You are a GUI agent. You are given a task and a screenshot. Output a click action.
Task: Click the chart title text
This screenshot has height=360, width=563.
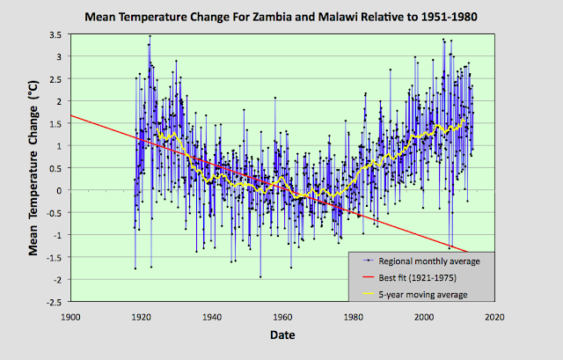coord(281,16)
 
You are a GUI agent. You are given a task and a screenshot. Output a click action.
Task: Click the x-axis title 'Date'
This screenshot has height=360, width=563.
coord(282,335)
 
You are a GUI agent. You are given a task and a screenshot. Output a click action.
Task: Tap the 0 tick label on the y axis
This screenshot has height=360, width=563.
coord(58,190)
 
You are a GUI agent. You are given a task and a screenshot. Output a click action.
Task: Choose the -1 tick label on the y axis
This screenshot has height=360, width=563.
coord(55,235)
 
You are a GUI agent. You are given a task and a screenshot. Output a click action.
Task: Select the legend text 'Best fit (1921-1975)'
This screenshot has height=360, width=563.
coord(414,277)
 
